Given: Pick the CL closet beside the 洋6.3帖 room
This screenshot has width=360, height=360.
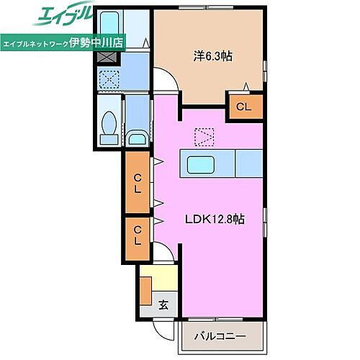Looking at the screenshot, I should (x=244, y=107).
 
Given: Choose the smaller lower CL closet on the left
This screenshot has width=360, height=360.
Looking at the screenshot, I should (x=136, y=235).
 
